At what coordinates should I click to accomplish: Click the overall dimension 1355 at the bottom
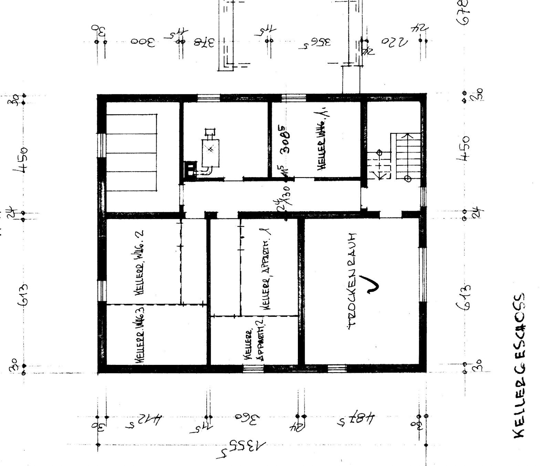pyautogui.click(x=241, y=447)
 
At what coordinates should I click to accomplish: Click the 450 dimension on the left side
pyautogui.click(x=22, y=160)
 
